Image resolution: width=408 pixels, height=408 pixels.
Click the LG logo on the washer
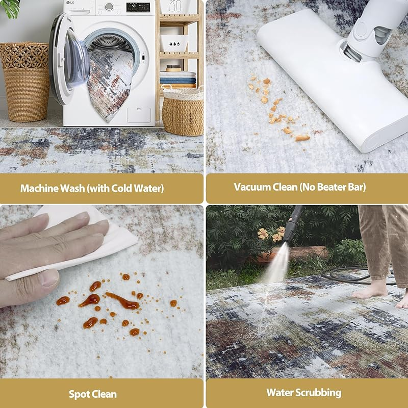click(69, 3)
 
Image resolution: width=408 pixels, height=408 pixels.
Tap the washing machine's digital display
click(138, 7)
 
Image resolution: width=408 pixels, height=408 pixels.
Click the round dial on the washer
click(109, 7)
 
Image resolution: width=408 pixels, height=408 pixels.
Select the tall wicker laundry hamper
click(25, 82)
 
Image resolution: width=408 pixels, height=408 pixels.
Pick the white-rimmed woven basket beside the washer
click(183, 112)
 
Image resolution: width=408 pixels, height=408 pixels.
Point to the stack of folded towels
click(177, 80)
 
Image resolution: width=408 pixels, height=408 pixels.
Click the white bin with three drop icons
click(174, 43)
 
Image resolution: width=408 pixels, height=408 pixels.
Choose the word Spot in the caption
click(79, 394)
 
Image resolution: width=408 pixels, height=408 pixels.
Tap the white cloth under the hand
click(86, 242)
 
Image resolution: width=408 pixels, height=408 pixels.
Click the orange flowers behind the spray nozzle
click(271, 234)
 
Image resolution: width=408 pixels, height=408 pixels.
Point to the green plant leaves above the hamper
click(10, 8)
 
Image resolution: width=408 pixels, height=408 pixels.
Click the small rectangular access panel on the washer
click(139, 115)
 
